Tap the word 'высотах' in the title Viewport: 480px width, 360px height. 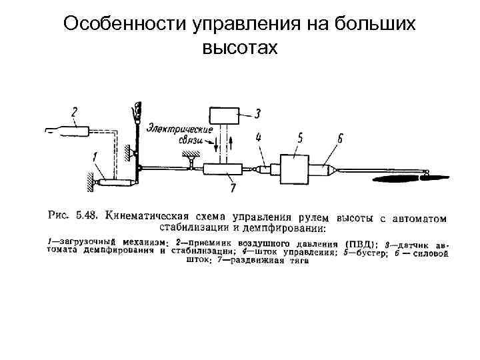(239, 47)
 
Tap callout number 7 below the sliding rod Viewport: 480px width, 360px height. (233, 189)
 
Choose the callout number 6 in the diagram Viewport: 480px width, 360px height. (340, 139)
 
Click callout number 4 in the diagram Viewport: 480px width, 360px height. (259, 139)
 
